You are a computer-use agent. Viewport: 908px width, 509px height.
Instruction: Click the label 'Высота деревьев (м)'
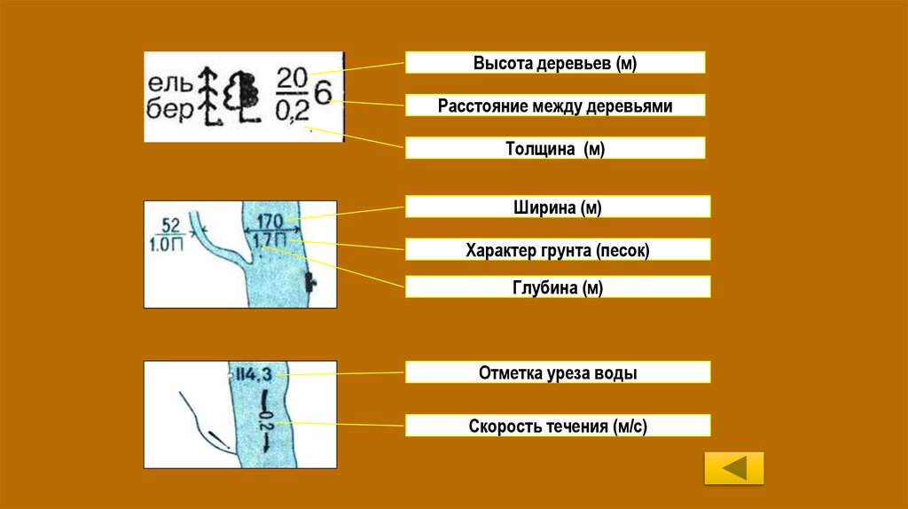pyautogui.click(x=555, y=63)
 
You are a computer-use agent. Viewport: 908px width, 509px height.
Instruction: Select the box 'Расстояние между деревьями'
pyautogui.click(x=555, y=106)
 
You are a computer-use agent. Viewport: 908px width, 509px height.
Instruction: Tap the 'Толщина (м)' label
pyautogui.click(x=555, y=149)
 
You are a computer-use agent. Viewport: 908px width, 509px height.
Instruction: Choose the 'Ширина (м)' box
pyautogui.click(x=557, y=208)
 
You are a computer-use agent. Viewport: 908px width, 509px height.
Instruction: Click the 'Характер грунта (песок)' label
pyautogui.click(x=557, y=251)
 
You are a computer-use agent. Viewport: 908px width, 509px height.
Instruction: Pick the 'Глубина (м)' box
pyautogui.click(x=557, y=287)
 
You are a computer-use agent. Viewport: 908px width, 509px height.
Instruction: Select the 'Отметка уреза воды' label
pyautogui.click(x=557, y=373)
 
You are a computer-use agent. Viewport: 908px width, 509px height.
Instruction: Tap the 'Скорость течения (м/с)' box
pyautogui.click(x=557, y=427)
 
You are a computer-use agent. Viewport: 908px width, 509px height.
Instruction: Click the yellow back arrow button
pyautogui.click(x=733, y=467)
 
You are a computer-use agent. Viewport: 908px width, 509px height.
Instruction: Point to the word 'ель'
pyautogui.click(x=168, y=84)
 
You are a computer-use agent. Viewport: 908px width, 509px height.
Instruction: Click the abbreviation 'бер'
pyautogui.click(x=168, y=113)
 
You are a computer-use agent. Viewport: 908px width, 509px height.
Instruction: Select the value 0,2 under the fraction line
pyautogui.click(x=292, y=112)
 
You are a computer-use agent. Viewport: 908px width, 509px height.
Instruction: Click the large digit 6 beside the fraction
pyautogui.click(x=324, y=94)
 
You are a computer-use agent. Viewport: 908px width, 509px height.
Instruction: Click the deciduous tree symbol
pyautogui.click(x=240, y=97)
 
